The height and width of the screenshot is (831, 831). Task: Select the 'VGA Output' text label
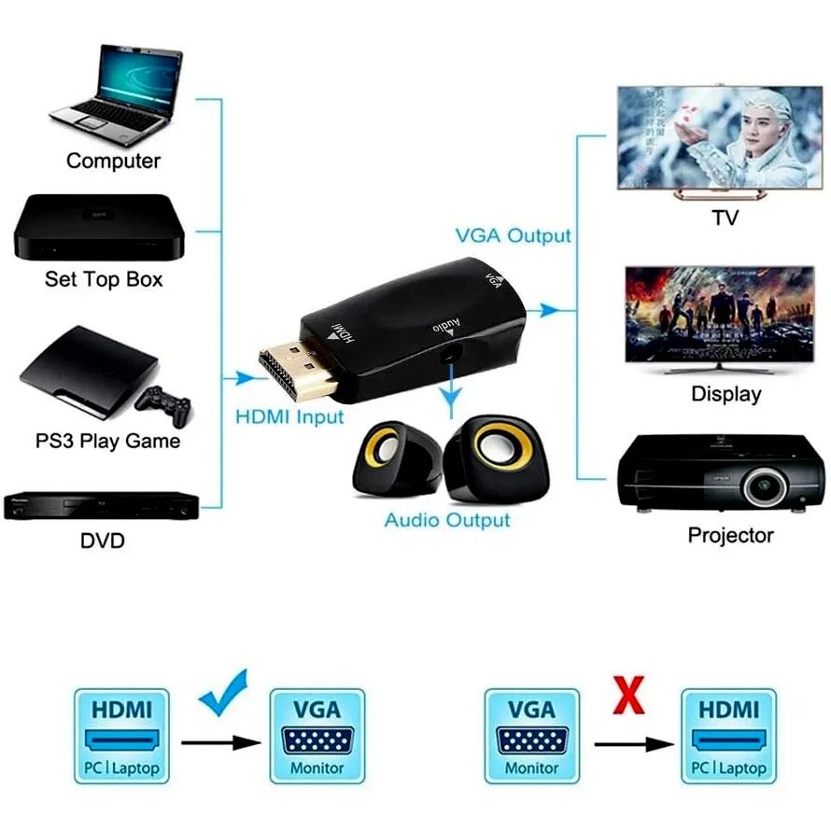point(513,235)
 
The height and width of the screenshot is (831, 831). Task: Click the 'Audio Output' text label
point(447,520)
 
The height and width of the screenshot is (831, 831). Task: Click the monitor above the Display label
point(706,317)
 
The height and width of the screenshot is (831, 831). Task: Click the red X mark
point(628,697)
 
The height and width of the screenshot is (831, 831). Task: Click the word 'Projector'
point(730,535)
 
